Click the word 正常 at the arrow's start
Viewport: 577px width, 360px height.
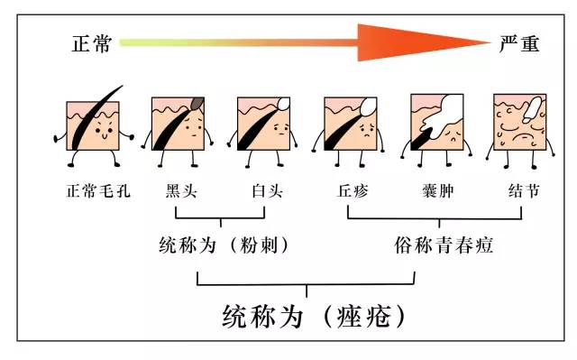point(92,43)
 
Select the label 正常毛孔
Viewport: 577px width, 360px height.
point(93,191)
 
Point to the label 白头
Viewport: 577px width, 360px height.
point(266,191)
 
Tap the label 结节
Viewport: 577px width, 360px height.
point(523,191)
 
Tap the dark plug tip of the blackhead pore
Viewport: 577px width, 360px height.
point(197,106)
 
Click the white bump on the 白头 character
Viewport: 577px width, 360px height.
point(283,103)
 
